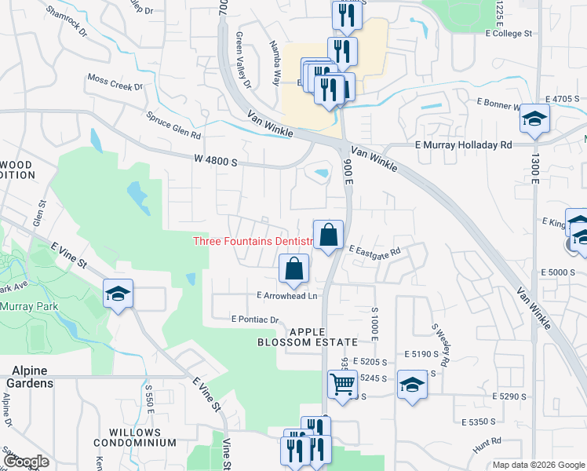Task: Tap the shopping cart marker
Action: click(x=342, y=385)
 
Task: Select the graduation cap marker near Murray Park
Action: click(x=118, y=294)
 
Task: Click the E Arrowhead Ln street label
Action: click(x=287, y=295)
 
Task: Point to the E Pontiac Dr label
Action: click(x=256, y=319)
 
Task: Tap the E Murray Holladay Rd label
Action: click(x=463, y=145)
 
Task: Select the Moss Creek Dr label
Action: click(x=115, y=82)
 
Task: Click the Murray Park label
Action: click(x=27, y=306)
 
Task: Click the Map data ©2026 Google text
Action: click(x=538, y=465)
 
